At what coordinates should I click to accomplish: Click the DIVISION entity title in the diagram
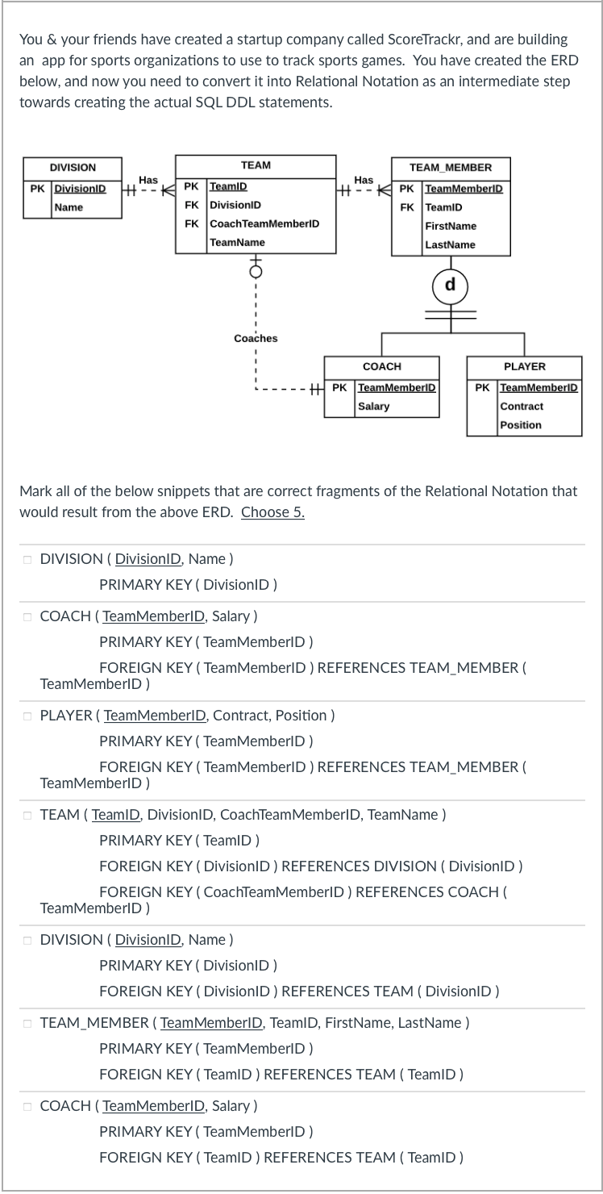click(x=73, y=168)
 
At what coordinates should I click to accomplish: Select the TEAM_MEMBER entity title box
click(x=450, y=168)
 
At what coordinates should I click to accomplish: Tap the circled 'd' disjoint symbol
click(x=450, y=284)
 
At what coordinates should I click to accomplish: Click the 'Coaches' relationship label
click(x=256, y=339)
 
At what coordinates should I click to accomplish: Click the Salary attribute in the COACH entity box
click(x=373, y=407)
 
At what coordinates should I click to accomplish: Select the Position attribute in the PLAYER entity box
click(x=521, y=425)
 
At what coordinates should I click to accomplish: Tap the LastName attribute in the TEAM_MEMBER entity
click(x=450, y=244)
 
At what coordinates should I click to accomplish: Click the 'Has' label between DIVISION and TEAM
click(x=148, y=179)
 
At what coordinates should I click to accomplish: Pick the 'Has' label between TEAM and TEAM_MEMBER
click(x=364, y=179)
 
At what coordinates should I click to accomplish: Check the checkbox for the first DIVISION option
click(x=27, y=559)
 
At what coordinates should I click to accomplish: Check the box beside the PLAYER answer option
click(x=27, y=716)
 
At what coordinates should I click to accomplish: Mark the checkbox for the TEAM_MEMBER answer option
click(x=27, y=1023)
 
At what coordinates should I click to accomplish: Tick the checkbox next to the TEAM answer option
click(x=27, y=815)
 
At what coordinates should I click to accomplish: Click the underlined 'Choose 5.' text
click(x=272, y=512)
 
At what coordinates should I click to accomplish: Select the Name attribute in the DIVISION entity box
click(x=69, y=207)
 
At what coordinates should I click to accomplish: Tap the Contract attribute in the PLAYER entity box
click(x=522, y=407)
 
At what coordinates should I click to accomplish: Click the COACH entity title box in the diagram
click(x=381, y=367)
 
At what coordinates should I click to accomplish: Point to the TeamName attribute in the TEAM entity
click(x=237, y=242)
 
